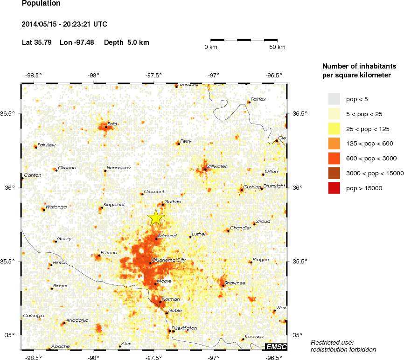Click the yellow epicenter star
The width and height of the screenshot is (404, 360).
[x=156, y=217]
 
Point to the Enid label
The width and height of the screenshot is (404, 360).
[x=112, y=124]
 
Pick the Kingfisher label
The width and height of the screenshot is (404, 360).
[x=114, y=204]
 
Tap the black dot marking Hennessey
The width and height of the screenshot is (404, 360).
[x=105, y=171]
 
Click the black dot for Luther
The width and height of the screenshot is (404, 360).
[x=190, y=237]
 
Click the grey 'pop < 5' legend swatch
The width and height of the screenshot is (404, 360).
[x=334, y=99]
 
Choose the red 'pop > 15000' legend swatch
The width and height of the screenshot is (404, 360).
[x=334, y=188]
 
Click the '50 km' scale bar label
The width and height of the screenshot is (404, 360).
[x=278, y=47]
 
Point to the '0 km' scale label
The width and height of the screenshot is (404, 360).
[x=211, y=47]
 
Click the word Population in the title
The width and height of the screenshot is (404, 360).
[x=41, y=3]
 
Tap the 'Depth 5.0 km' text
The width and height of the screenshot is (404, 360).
[x=126, y=42]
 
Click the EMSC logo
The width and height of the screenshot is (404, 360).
[x=276, y=346]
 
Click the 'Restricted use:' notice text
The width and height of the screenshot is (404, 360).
[x=332, y=342]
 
